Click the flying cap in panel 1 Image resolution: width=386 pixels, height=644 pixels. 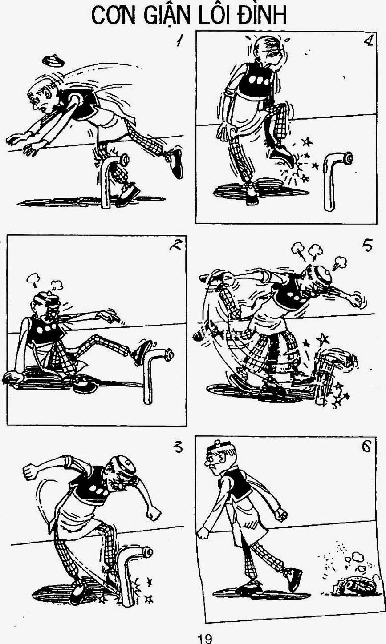tap(53, 60)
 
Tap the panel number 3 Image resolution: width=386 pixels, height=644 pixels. tap(178, 447)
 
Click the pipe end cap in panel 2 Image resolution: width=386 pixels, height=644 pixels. tap(168, 354)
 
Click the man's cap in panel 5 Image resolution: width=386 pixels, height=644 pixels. tap(321, 273)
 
